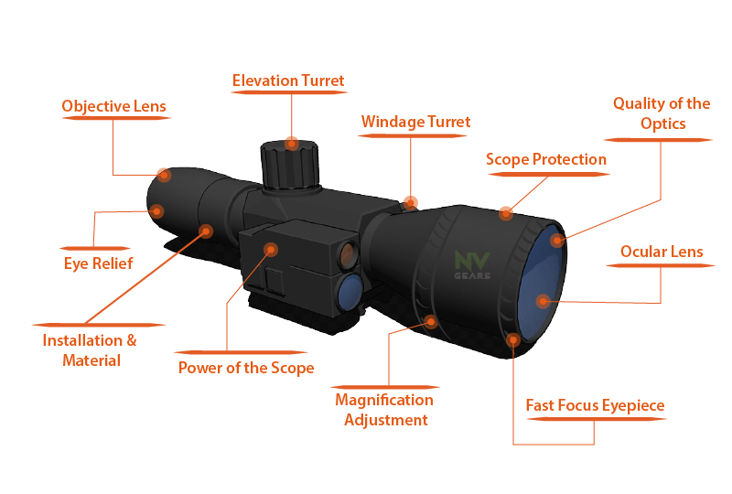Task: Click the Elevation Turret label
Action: [288, 81]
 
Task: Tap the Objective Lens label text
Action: [113, 106]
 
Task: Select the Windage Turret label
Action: [415, 123]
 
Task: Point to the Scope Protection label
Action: [546, 160]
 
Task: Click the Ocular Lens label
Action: [662, 252]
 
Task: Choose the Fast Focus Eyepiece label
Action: [596, 406]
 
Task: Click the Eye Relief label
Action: [99, 263]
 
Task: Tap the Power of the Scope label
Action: [246, 368]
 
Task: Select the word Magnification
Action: [384, 401]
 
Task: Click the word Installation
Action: [82, 340]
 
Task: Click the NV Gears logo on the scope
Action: [472, 265]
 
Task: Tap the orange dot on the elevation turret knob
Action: [292, 144]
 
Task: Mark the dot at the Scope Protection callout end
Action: [506, 214]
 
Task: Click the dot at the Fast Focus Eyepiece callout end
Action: [513, 340]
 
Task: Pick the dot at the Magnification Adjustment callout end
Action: [431, 321]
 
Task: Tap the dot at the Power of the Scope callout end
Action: [271, 250]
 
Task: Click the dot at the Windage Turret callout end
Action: [410, 203]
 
